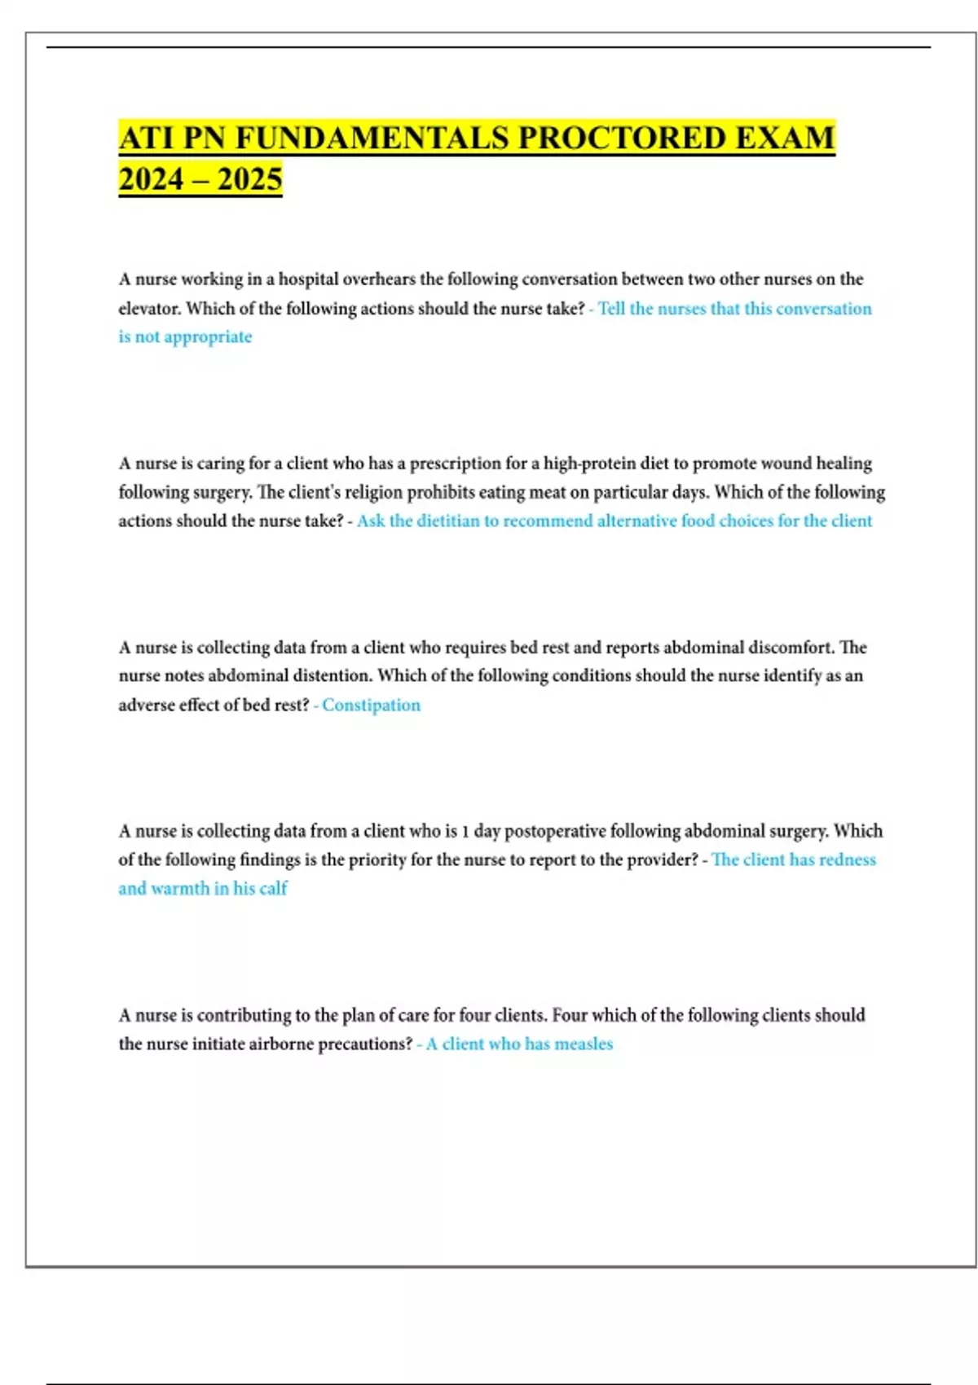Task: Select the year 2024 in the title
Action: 151,179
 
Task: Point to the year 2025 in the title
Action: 249,179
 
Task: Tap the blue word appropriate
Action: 208,337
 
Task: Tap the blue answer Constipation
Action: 371,706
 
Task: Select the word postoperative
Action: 555,831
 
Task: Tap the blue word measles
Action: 584,1044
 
